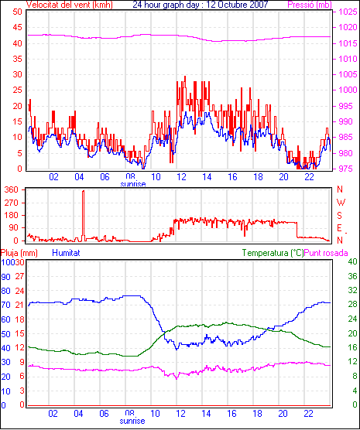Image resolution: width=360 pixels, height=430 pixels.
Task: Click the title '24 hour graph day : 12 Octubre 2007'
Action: point(201,5)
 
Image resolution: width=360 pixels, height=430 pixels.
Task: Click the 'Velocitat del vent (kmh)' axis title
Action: point(70,5)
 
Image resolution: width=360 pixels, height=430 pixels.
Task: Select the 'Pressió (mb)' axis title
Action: point(310,5)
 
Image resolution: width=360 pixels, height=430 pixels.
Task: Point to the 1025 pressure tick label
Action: point(348,12)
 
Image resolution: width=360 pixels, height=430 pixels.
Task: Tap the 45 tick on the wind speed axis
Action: point(17,27)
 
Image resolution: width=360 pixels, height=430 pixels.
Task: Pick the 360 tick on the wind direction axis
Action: point(12,189)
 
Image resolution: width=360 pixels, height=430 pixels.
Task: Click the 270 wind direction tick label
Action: point(12,203)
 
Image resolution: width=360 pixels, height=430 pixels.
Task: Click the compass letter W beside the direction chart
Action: point(341,203)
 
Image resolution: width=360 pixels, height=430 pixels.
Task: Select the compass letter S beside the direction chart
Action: point(339,216)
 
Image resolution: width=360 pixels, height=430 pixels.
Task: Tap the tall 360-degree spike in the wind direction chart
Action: point(83,215)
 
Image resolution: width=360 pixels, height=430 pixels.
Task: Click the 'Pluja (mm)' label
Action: point(19,253)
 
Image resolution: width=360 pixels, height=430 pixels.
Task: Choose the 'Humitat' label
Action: point(66,253)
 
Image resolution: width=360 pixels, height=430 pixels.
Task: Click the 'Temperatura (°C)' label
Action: point(273,253)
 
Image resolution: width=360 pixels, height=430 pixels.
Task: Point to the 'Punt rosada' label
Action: point(326,253)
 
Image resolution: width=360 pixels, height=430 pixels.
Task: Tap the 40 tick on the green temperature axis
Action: point(352,261)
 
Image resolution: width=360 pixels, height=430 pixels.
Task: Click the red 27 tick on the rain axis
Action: point(19,276)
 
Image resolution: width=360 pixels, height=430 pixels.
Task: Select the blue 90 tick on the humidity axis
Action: point(5,277)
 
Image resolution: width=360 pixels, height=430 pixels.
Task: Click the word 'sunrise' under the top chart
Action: point(133,184)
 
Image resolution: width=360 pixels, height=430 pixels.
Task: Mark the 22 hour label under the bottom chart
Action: point(309,413)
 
